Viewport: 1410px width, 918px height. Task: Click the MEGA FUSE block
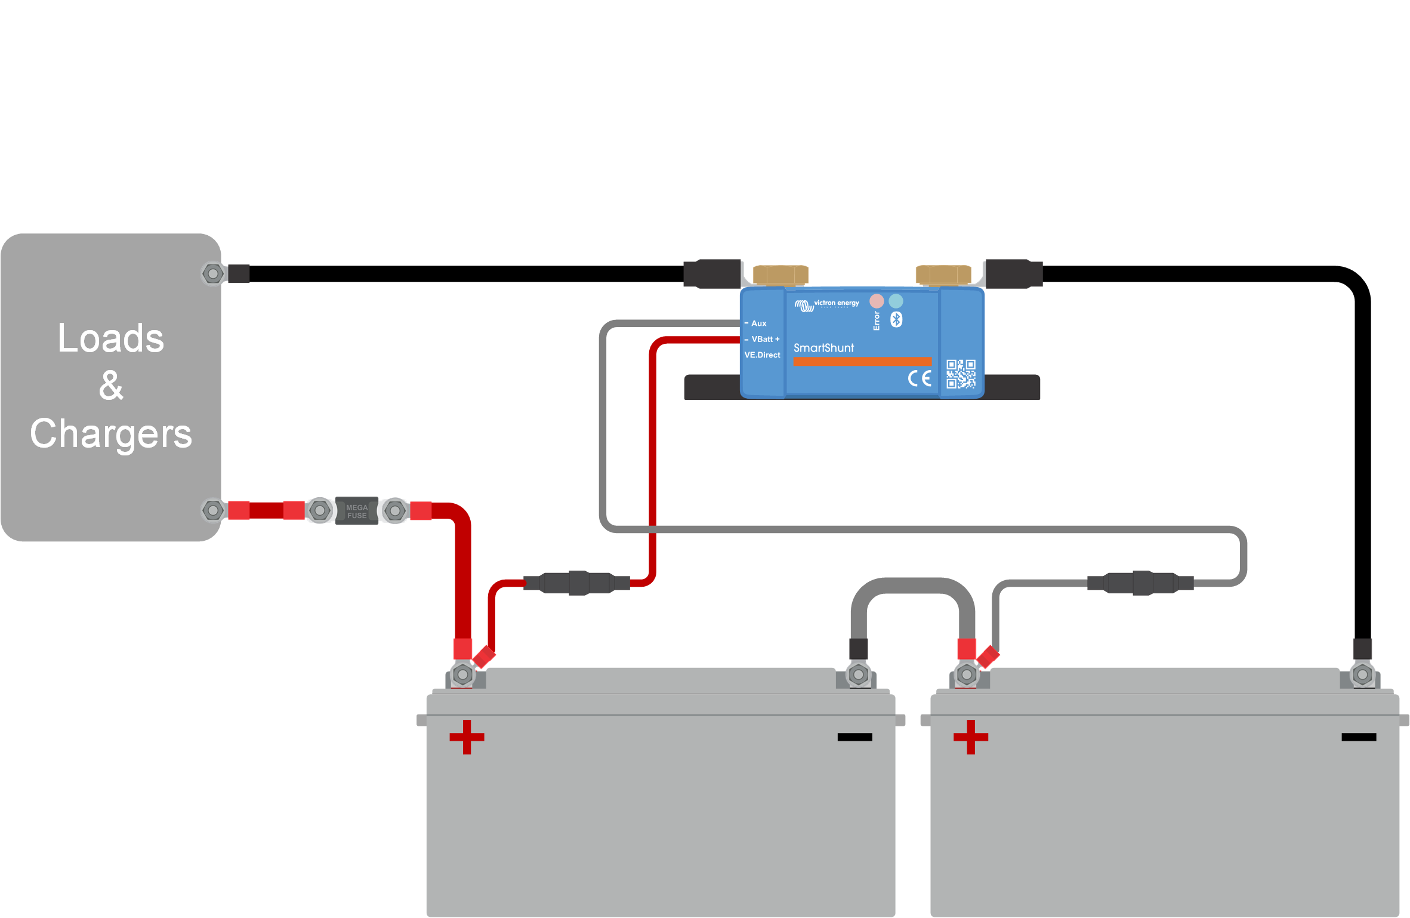[357, 511]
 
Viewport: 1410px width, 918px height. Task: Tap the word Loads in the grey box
[111, 338]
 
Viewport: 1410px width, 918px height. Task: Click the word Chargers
[111, 434]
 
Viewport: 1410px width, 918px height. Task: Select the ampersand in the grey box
[111, 386]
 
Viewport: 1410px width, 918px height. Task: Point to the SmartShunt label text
[823, 348]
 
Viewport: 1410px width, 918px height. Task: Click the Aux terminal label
[758, 324]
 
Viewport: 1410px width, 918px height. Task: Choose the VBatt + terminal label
[765, 339]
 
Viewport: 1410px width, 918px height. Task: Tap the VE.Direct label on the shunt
[762, 355]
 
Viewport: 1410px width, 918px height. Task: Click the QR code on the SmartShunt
[961, 374]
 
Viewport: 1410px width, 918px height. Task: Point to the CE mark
[920, 378]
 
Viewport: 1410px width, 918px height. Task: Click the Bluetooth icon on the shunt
[896, 319]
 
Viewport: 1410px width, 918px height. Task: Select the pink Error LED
[877, 301]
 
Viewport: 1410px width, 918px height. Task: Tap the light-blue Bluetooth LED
[896, 301]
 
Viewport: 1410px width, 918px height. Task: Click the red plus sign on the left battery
[467, 737]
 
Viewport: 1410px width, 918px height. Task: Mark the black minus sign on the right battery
[1359, 737]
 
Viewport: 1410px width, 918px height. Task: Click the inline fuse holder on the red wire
[578, 583]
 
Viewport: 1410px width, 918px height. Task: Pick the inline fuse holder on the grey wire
[1141, 583]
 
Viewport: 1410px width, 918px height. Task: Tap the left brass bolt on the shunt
[780, 275]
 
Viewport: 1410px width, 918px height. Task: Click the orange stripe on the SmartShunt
[862, 362]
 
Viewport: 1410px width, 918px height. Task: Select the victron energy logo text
[836, 303]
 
